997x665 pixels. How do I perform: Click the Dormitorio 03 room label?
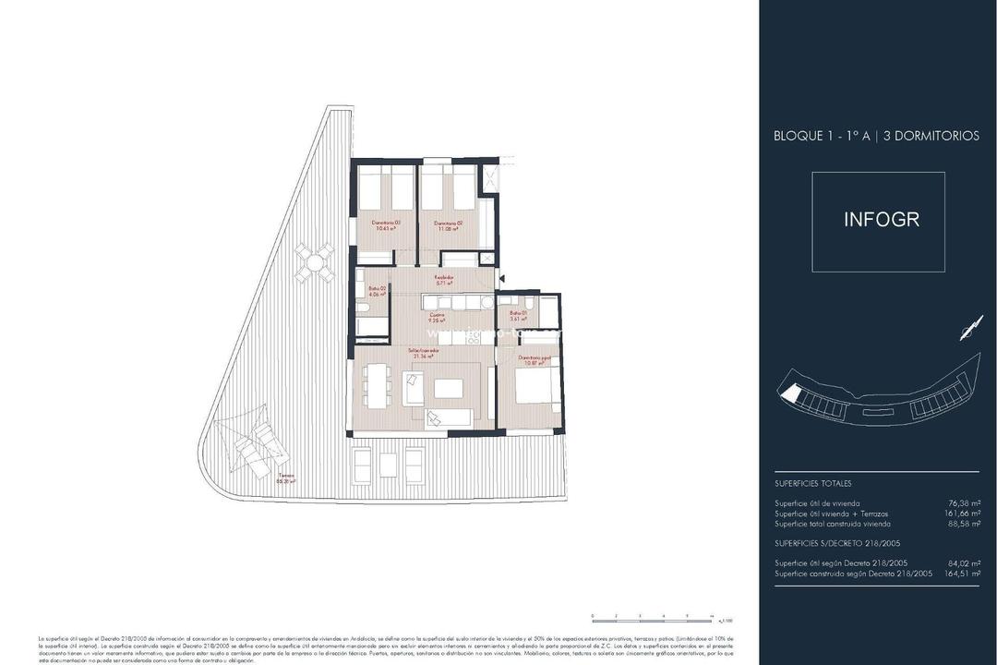pos(384,225)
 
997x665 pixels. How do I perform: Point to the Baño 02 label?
pos(377,291)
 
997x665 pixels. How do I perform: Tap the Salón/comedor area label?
pos(425,354)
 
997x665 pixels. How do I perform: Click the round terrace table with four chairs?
pos(315,261)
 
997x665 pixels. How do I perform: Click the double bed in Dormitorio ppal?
pos(534,388)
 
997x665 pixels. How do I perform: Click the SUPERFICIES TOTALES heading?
pos(812,483)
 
